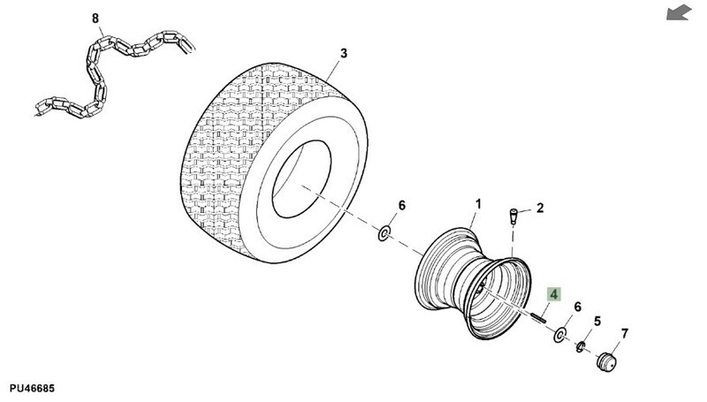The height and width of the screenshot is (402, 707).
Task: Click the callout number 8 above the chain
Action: tap(95, 19)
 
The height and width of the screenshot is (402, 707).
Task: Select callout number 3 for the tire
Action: tap(344, 54)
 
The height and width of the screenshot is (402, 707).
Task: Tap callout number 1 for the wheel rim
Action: tap(478, 204)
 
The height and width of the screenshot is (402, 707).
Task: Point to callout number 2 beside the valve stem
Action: tap(540, 209)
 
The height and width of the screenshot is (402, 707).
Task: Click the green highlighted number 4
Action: tap(553, 294)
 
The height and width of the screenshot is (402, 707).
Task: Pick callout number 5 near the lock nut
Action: tap(597, 322)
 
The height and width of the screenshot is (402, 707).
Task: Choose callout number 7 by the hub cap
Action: tap(625, 334)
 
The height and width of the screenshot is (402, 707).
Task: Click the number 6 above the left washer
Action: tap(402, 206)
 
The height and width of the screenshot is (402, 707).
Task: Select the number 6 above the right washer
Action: tap(578, 307)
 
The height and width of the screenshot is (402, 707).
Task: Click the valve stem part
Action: tap(513, 216)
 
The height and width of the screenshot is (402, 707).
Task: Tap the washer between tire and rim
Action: tap(384, 234)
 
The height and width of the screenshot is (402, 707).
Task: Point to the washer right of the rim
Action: tap(560, 336)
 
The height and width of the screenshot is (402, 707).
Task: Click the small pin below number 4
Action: tap(538, 317)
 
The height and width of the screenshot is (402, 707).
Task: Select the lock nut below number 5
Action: tap(581, 346)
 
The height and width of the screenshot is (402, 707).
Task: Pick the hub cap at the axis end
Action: tap(606, 361)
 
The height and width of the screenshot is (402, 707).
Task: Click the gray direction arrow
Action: tap(679, 12)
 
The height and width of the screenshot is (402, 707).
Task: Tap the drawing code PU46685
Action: tap(32, 389)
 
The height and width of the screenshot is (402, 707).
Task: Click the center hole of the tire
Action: tap(301, 179)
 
